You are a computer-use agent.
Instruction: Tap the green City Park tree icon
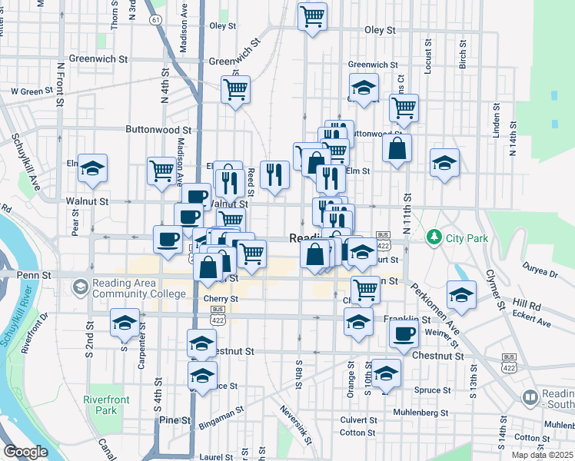434,235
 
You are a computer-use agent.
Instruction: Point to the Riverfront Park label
107,405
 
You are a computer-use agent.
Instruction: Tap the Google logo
25,452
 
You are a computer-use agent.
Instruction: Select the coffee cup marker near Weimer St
404,333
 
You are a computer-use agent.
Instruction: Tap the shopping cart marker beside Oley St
313,16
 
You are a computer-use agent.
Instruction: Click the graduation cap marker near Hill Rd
461,295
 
